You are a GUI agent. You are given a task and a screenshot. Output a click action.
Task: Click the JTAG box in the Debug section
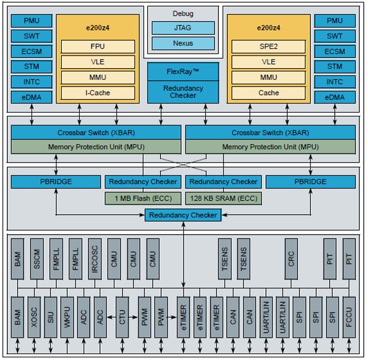[183, 28]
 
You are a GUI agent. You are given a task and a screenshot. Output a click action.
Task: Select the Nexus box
[183, 43]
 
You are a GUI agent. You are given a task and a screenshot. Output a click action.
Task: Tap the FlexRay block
[183, 71]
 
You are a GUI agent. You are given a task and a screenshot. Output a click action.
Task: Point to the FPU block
[98, 46]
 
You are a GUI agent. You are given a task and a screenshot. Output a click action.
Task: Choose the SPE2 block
[268, 46]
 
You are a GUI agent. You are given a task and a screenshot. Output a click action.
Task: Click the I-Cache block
[98, 93]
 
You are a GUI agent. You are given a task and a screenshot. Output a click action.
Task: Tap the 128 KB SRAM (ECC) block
[222, 198]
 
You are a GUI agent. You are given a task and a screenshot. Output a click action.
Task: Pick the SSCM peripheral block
[37, 259]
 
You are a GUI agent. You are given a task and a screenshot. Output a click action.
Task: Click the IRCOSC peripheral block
[95, 259]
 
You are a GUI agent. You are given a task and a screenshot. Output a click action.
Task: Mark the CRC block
[292, 259]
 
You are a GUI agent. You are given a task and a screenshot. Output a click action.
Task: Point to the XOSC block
[34, 317]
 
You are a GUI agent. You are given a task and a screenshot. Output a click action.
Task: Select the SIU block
[51, 317]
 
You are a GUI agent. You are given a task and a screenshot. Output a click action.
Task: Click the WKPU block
[67, 317]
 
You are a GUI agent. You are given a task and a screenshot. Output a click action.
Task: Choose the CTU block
[122, 317]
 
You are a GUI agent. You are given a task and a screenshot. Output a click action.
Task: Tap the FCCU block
[348, 317]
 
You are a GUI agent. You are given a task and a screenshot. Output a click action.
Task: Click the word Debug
[183, 13]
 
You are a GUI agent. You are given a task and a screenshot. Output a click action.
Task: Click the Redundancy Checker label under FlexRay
[183, 92]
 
